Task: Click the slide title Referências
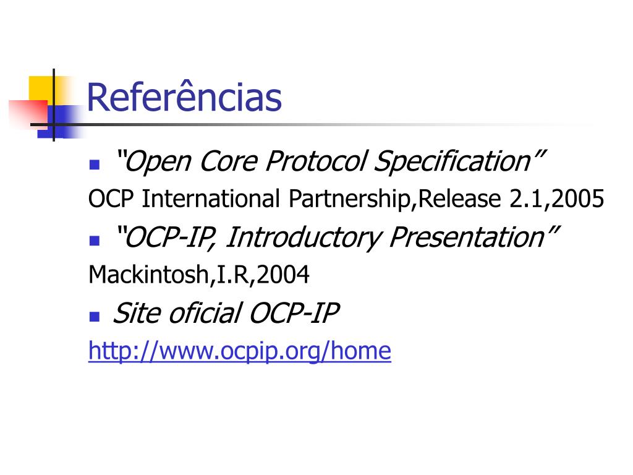click(x=184, y=97)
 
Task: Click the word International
click(x=211, y=199)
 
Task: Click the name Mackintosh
click(x=148, y=275)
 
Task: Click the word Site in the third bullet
click(x=137, y=313)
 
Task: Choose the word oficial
click(x=205, y=313)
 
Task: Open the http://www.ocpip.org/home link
click(x=240, y=351)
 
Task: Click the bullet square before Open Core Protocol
click(x=95, y=165)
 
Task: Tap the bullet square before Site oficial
click(x=95, y=316)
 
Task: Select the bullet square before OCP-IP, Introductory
click(x=95, y=241)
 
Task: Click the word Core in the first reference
click(x=229, y=161)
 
